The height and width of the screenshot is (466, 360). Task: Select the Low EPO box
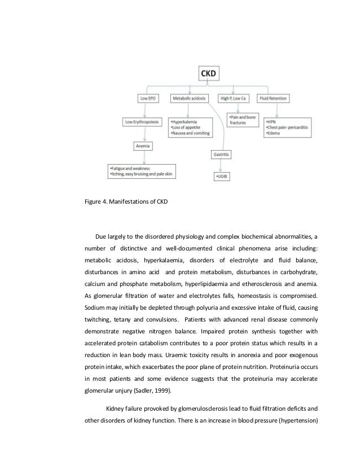[147, 98]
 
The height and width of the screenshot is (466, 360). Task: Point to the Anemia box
[144, 146]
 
